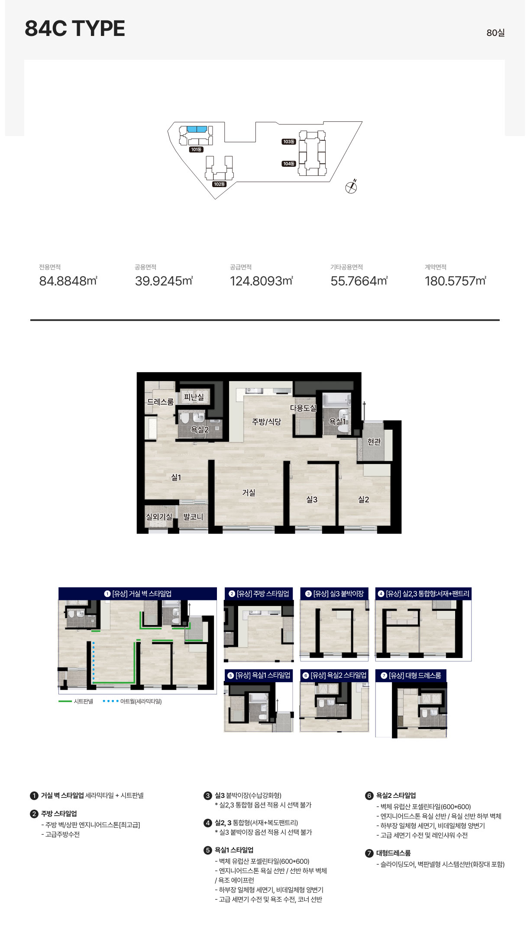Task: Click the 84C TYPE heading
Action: pyautogui.click(x=75, y=29)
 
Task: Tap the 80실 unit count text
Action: pyautogui.click(x=495, y=33)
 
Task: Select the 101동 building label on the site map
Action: pyautogui.click(x=196, y=149)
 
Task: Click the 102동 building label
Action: pyautogui.click(x=219, y=184)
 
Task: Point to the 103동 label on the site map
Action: pyautogui.click(x=289, y=142)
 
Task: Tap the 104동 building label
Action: pyautogui.click(x=289, y=164)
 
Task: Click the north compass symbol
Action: pyautogui.click(x=351, y=187)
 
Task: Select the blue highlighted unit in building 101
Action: pyautogui.click(x=197, y=129)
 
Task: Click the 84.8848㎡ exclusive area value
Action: pyautogui.click(x=68, y=281)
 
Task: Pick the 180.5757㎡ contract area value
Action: pyautogui.click(x=456, y=281)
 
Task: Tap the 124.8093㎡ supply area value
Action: pyautogui.click(x=262, y=281)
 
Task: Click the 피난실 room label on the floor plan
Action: pyautogui.click(x=194, y=397)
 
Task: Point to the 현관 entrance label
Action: pyautogui.click(x=374, y=442)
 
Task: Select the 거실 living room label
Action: pyautogui.click(x=249, y=493)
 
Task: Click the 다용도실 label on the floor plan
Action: pyautogui.click(x=303, y=408)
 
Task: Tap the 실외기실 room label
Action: pyautogui.click(x=159, y=517)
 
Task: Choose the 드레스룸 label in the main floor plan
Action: pyautogui.click(x=160, y=402)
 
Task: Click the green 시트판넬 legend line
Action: pyautogui.click(x=65, y=701)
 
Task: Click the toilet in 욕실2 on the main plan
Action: pyautogui.click(x=185, y=419)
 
